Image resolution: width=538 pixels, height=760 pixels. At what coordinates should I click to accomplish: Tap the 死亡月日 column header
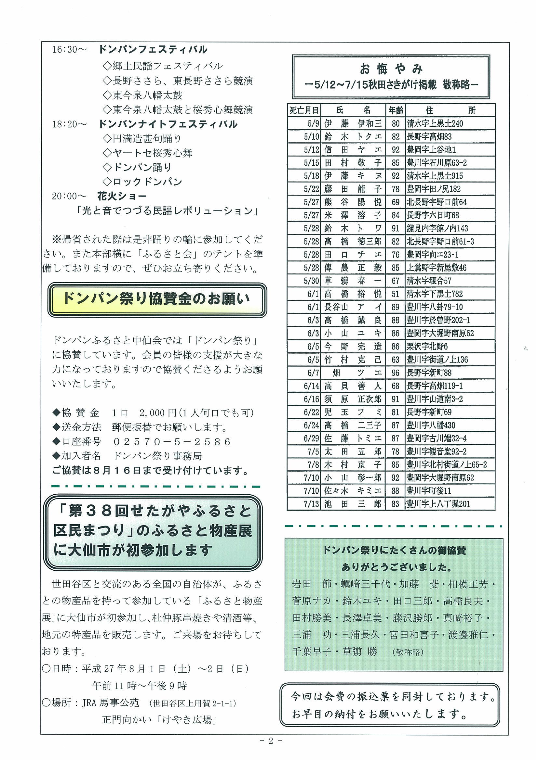(x=304, y=110)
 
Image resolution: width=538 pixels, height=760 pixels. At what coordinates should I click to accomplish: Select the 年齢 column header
(x=395, y=110)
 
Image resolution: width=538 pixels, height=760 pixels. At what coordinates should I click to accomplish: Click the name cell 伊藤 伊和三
(x=353, y=124)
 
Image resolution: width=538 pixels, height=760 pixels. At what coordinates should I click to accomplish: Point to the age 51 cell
(x=395, y=294)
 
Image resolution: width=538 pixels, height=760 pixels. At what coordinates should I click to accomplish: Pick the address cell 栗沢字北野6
(x=427, y=347)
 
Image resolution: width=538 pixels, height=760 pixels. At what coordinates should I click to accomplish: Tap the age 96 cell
(x=395, y=373)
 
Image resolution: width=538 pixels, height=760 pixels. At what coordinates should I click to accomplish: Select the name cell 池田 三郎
(x=353, y=504)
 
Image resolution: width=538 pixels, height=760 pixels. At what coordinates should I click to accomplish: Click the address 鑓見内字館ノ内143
(x=437, y=228)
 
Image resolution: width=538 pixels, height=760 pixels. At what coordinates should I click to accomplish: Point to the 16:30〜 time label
(x=69, y=50)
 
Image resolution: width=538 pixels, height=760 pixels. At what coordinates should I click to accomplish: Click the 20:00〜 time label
(x=69, y=196)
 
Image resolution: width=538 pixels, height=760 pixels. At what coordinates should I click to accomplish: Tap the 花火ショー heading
(x=122, y=196)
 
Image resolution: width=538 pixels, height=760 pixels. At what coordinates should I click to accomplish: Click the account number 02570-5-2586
(x=172, y=442)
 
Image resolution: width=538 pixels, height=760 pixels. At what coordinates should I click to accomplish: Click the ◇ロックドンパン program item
(x=142, y=182)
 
